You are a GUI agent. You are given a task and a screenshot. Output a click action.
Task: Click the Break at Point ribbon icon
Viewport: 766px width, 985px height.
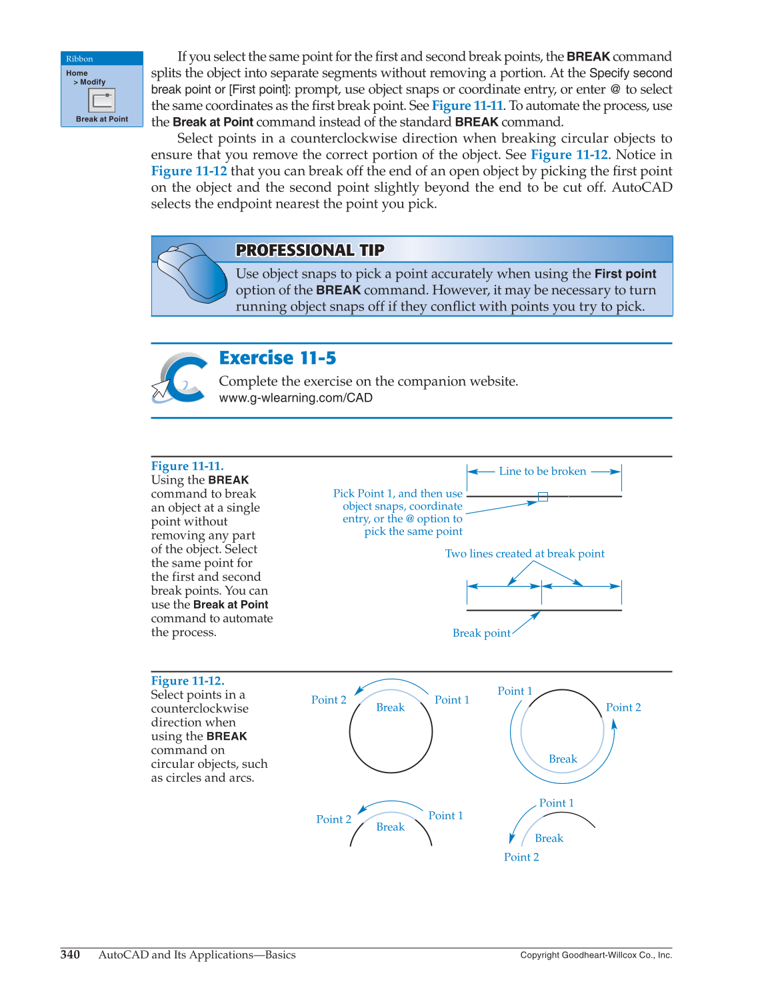coord(101,101)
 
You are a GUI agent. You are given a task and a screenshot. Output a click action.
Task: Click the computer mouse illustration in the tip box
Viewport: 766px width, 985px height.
coord(191,272)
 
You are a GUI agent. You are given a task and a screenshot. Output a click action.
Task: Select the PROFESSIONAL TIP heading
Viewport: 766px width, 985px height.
coord(310,250)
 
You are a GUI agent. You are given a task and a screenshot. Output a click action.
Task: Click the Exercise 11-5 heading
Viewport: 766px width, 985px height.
coord(277,358)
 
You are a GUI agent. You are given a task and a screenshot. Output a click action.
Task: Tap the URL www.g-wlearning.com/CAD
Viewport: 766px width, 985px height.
coord(295,398)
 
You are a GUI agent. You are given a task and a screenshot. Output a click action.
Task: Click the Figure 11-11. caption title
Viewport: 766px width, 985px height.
coord(187,466)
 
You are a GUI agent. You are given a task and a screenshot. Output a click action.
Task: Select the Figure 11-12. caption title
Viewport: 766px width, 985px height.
coord(187,681)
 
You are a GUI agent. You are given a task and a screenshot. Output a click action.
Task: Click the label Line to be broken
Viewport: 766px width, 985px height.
coord(542,472)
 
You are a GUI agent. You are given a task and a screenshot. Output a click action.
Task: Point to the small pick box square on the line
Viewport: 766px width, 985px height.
coord(543,497)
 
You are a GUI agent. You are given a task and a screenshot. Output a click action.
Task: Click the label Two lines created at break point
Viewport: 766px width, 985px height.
coord(525,554)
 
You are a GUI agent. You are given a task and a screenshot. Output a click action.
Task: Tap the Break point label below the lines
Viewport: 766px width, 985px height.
coord(481,633)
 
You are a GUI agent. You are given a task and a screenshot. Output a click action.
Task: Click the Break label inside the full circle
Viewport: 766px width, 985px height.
coord(390,708)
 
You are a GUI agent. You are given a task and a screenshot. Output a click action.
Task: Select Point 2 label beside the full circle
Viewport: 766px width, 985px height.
coord(329,700)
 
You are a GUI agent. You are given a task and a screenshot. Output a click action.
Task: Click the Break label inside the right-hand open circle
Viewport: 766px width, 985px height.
coord(563,759)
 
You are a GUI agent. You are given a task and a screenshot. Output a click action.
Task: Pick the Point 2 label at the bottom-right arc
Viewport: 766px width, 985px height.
coord(521,857)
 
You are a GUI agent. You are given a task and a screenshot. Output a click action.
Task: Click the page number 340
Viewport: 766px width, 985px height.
coord(70,954)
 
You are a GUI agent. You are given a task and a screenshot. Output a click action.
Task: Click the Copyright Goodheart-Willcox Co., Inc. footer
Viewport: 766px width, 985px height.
coord(595,955)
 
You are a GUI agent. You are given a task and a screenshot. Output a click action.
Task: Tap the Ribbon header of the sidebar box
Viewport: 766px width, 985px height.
coord(80,59)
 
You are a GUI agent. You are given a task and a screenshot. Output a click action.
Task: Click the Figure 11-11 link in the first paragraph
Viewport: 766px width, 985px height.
coord(467,106)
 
